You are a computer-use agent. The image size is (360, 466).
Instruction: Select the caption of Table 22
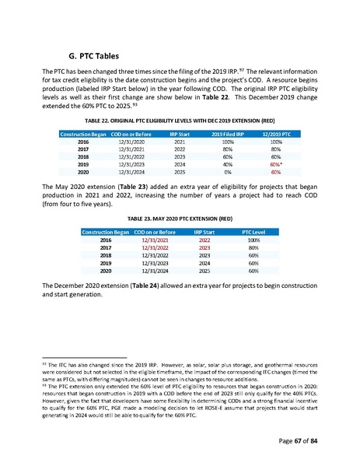coord(180,122)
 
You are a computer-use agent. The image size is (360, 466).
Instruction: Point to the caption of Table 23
coord(180,220)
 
